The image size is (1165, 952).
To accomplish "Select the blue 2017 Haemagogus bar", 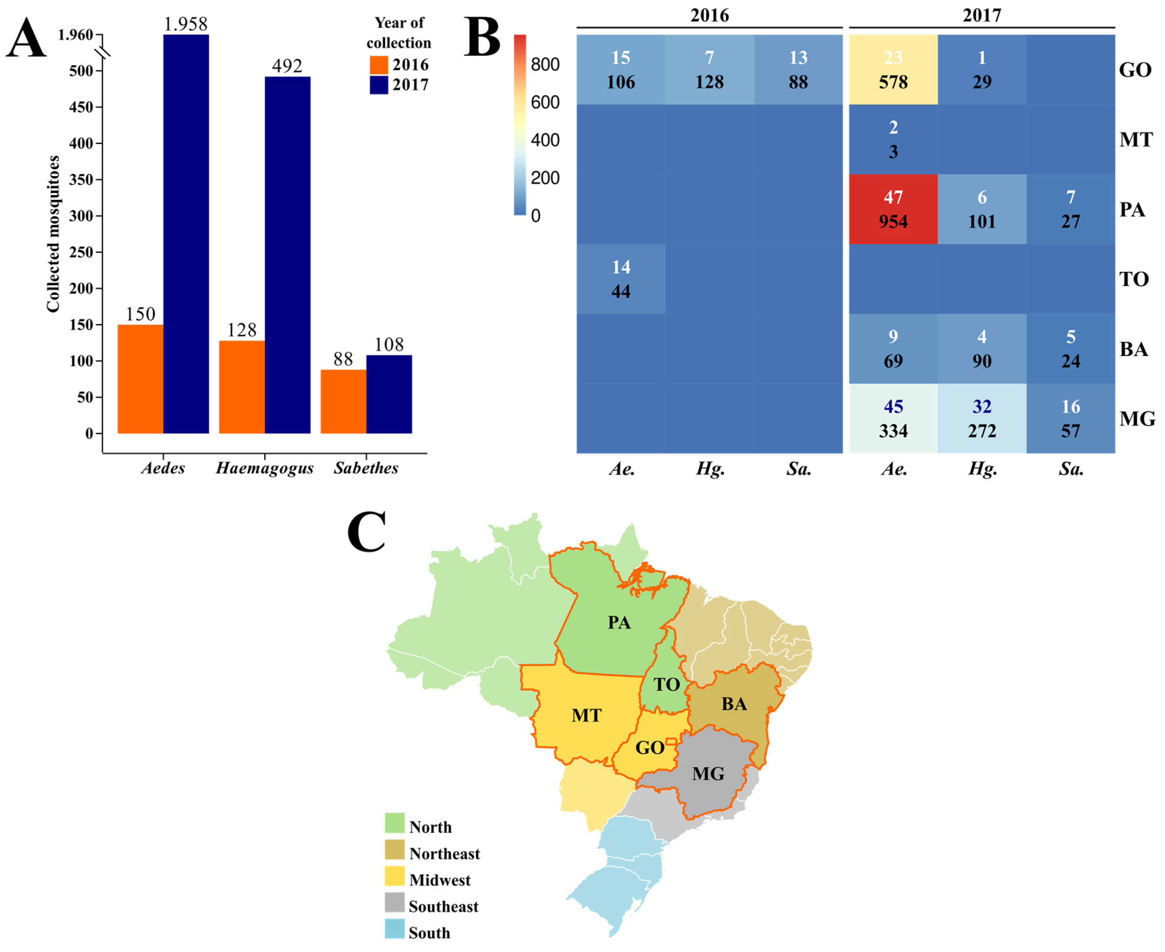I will point(287,255).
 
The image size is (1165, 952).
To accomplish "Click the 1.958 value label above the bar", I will point(186,24).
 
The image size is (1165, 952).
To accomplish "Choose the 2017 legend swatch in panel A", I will point(379,85).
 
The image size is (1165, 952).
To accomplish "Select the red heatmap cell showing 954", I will point(893,210).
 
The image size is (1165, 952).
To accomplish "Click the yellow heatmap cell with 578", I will point(893,70).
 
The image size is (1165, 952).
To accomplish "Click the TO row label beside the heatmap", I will point(1134,280).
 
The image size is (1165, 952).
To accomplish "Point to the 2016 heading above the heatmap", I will point(710,15).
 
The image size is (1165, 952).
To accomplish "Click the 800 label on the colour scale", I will point(545,65).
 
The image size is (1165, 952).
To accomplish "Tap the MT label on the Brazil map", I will point(586,715).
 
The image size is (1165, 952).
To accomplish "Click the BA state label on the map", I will point(734,704).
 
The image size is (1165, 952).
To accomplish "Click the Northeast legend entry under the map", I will point(444,854).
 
